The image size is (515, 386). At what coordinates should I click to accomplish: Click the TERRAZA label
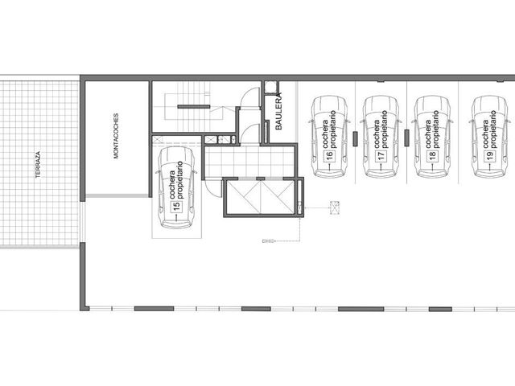point(38,164)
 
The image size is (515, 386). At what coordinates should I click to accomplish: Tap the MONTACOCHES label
point(116,136)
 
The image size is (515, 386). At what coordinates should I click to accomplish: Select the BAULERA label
point(278,111)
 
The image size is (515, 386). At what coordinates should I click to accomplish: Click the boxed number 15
point(176,206)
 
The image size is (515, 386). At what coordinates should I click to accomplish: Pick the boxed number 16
point(329,155)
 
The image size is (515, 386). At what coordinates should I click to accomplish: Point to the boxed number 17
point(381,155)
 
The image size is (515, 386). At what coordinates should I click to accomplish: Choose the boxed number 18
point(432,155)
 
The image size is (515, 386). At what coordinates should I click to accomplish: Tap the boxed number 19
point(490,155)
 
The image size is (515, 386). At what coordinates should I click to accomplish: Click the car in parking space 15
point(177,187)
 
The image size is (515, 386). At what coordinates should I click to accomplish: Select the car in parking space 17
point(381,137)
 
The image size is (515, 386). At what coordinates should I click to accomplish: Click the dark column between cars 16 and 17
point(355,138)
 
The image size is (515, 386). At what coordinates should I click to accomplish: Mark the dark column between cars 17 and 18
point(406,138)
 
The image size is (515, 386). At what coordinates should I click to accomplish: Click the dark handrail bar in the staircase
point(194,107)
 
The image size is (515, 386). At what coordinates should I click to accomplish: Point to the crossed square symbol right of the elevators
point(335,207)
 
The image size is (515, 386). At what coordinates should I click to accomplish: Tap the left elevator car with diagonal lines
point(243,197)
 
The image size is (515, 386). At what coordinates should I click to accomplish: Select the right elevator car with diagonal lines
point(278,197)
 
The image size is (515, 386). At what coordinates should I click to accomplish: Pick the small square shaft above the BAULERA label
point(271,88)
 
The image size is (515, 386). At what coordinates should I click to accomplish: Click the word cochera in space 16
point(326,134)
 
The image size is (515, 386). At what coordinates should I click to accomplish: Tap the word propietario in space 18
point(436,129)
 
